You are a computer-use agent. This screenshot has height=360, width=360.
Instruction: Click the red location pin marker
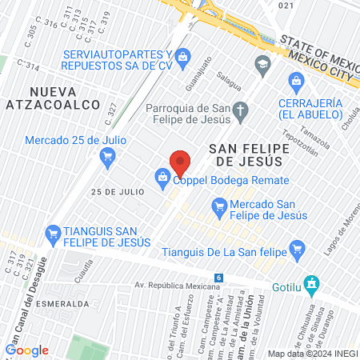180,162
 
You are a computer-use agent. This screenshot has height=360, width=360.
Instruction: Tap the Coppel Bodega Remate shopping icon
162,177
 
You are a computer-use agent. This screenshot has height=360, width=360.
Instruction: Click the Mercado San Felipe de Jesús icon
219,206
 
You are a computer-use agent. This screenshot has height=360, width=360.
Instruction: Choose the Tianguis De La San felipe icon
298,249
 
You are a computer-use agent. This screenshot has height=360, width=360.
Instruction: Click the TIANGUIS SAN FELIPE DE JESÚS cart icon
54,232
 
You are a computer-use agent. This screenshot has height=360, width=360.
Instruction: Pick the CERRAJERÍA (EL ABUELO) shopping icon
296,81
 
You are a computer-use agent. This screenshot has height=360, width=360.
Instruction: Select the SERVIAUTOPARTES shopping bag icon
183,56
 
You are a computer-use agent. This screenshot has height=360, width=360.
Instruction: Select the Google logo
26,350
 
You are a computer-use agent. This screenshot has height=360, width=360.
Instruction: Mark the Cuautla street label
86,267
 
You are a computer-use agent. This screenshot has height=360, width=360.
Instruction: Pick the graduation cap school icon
263,64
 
